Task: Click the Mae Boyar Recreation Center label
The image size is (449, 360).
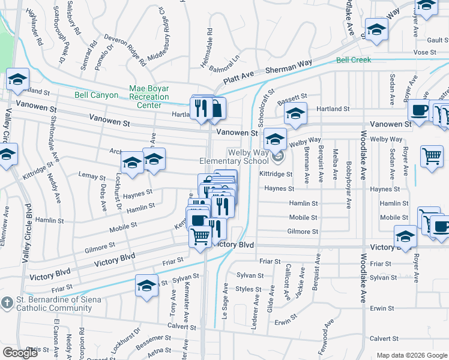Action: click(x=149, y=97)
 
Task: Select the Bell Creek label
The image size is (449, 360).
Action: click(x=354, y=60)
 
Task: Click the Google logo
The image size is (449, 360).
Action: click(x=20, y=353)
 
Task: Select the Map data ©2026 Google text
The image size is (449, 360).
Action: click(x=412, y=355)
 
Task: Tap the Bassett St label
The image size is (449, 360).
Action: click(x=292, y=96)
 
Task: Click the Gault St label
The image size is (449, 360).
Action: click(x=435, y=40)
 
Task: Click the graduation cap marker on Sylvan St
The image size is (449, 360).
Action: click(x=146, y=286)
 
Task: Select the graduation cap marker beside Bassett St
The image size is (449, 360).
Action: click(x=295, y=113)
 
